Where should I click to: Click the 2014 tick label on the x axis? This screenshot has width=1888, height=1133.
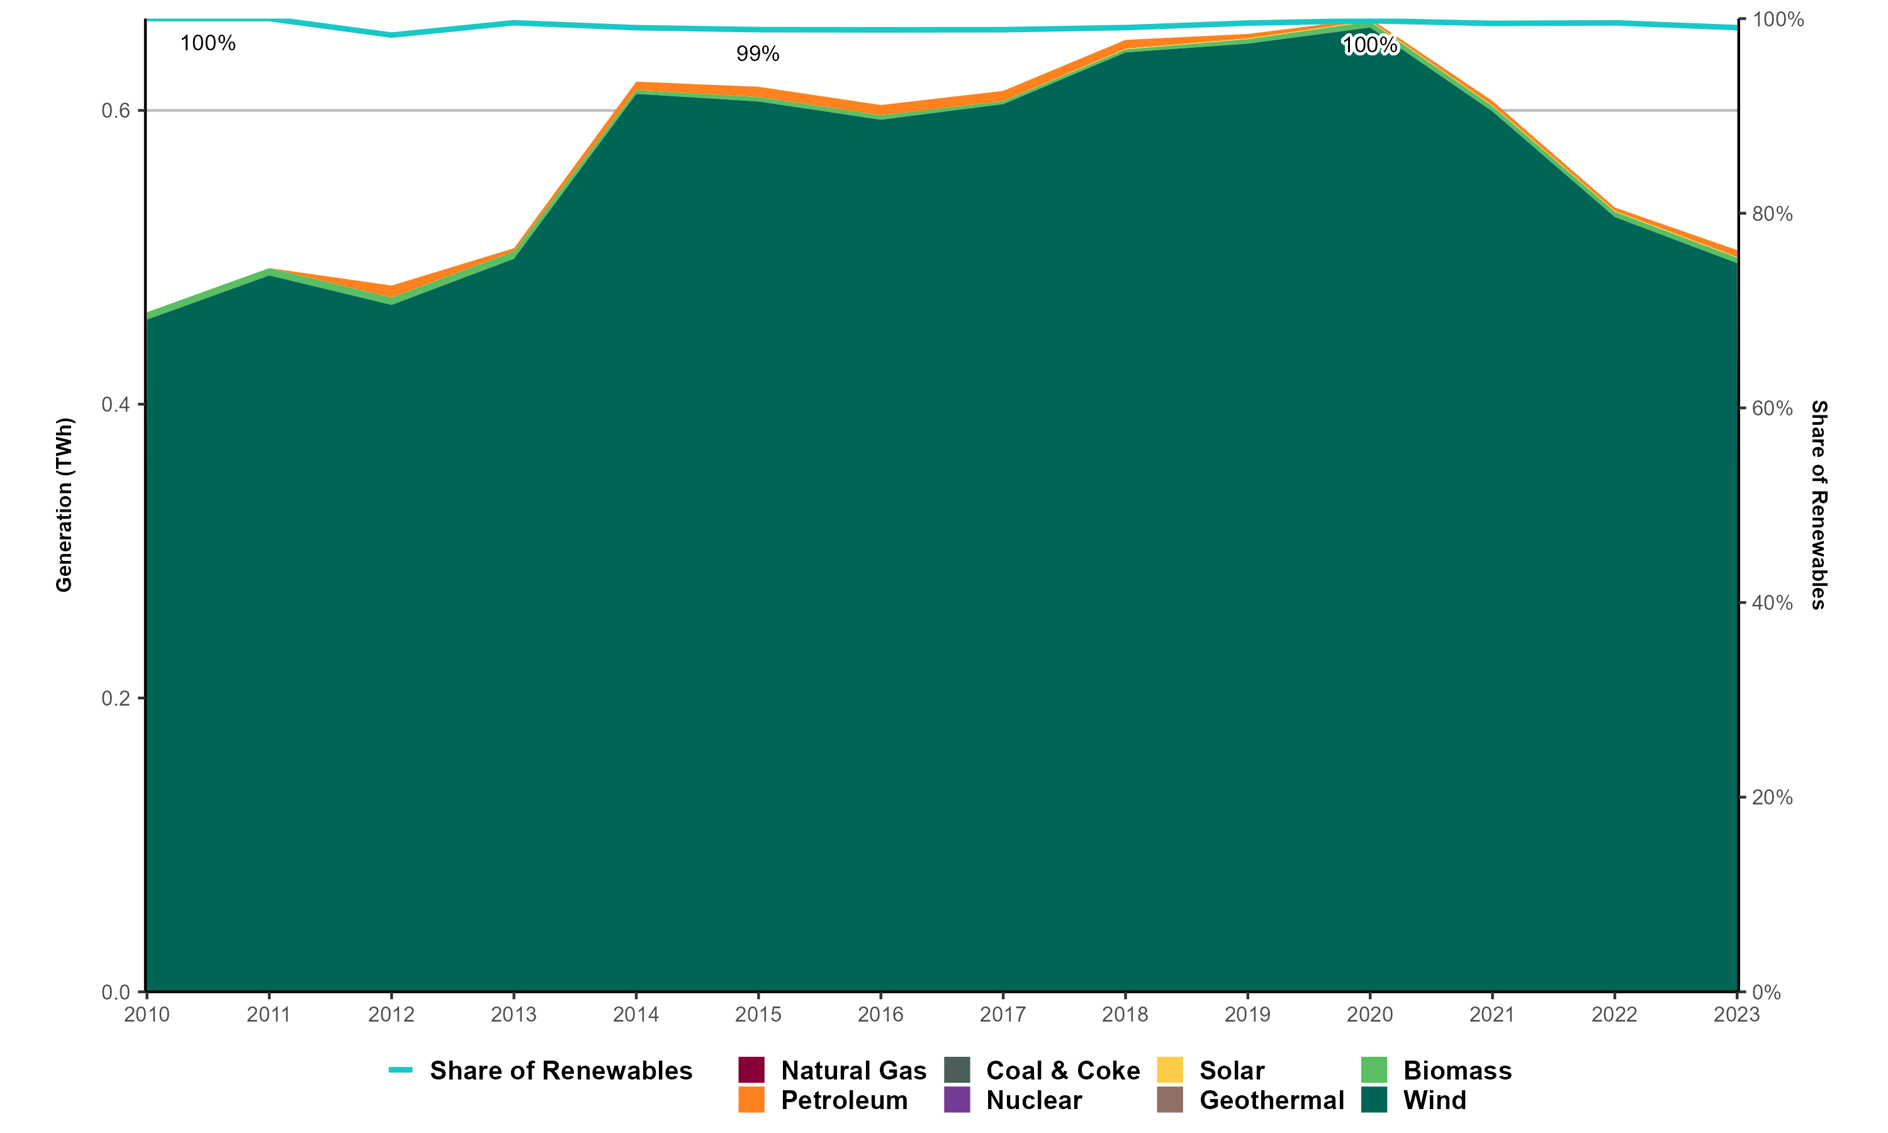click(x=636, y=1015)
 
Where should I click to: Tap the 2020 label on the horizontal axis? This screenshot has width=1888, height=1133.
click(x=1370, y=1015)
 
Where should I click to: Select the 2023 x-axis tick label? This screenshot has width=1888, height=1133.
click(x=1736, y=1015)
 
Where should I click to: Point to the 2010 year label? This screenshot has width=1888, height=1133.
click(x=147, y=1015)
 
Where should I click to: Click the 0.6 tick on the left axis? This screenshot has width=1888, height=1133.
click(x=116, y=111)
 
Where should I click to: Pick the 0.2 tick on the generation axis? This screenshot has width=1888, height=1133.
click(x=116, y=699)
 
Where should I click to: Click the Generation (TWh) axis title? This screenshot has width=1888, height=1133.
click(x=64, y=505)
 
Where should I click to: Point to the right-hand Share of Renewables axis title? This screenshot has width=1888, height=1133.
click(x=1819, y=505)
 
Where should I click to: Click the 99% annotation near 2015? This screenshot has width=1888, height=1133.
click(x=758, y=54)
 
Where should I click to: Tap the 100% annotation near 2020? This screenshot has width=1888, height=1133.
click(x=1370, y=46)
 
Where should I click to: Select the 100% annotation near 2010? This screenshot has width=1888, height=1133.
click(x=208, y=43)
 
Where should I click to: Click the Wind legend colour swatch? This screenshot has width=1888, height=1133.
click(x=1374, y=1100)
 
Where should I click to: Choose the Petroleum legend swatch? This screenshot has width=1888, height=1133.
click(x=751, y=1100)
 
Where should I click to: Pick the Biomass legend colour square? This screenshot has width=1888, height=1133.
click(x=1374, y=1071)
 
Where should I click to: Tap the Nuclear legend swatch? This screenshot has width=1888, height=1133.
click(x=957, y=1100)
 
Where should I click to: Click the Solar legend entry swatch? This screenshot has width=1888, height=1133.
click(x=1170, y=1071)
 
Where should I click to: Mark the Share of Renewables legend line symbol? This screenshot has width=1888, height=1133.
click(x=401, y=1071)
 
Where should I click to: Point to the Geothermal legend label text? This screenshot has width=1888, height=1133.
click(x=1271, y=1100)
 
